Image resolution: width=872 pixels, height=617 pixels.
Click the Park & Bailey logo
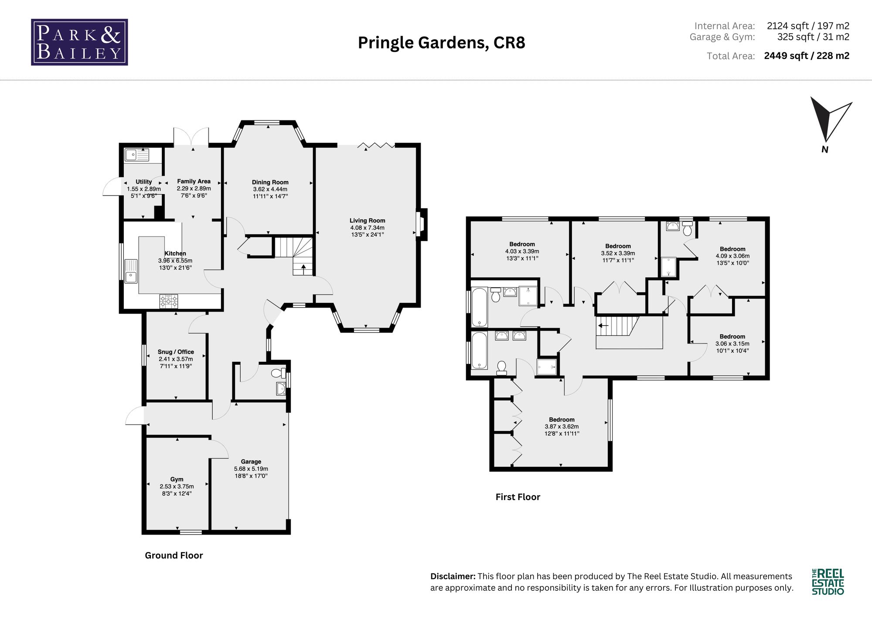(x=79, y=42)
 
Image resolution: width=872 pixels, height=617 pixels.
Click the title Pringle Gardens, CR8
(x=441, y=43)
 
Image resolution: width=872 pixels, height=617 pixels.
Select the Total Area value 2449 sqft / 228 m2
(x=807, y=56)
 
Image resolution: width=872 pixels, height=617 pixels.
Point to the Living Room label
(x=367, y=221)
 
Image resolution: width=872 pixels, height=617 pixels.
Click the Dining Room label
(x=270, y=182)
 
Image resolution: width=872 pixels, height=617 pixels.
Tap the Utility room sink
(x=136, y=154)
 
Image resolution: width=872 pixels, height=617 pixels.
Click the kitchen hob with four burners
(x=169, y=301)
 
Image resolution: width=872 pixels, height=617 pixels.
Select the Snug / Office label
(x=176, y=352)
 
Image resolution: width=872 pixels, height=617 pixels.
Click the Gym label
(x=177, y=479)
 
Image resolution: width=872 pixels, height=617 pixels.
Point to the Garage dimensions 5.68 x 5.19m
(x=251, y=469)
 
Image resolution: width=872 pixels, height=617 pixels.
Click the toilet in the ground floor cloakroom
(x=278, y=373)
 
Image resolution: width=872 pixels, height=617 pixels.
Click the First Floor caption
(x=518, y=497)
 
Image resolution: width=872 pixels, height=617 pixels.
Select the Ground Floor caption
(x=174, y=555)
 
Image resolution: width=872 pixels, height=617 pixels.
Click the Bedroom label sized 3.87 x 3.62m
(x=562, y=420)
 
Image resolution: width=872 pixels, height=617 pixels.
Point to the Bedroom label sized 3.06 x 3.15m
(x=732, y=337)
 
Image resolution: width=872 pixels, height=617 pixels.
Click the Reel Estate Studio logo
(x=828, y=582)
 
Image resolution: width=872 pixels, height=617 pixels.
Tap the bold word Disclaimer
(x=453, y=576)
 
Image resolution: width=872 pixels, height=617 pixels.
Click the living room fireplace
(x=422, y=225)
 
